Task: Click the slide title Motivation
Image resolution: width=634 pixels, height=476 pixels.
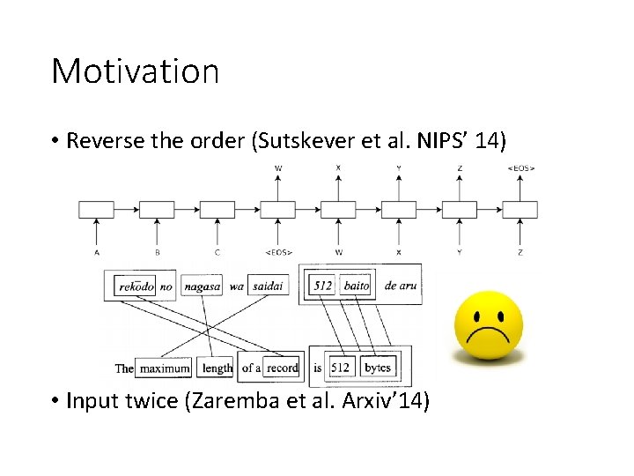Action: (x=135, y=71)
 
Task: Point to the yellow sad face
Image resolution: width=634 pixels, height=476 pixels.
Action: (x=488, y=326)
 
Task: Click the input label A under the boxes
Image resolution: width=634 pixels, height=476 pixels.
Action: (x=96, y=252)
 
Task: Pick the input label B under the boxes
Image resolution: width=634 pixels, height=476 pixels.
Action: (x=157, y=252)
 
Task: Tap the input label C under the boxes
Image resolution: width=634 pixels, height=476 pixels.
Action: (x=217, y=252)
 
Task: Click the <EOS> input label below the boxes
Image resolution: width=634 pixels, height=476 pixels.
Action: (x=278, y=252)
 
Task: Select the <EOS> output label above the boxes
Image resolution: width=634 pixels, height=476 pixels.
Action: (x=520, y=167)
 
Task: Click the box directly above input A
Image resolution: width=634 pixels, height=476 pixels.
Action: (x=96, y=210)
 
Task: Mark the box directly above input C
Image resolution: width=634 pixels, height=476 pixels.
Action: (x=217, y=210)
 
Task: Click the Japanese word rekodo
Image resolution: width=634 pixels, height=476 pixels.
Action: (x=136, y=286)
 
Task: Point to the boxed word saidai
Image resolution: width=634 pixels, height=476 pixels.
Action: (x=269, y=286)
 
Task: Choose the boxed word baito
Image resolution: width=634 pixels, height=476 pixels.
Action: (x=356, y=286)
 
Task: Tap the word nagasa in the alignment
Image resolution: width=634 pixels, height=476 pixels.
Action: (x=203, y=286)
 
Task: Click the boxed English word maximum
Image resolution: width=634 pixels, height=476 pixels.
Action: (x=164, y=368)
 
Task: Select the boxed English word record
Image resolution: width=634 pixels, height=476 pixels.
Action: (x=283, y=368)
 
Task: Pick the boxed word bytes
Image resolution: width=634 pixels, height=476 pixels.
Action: (x=378, y=368)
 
